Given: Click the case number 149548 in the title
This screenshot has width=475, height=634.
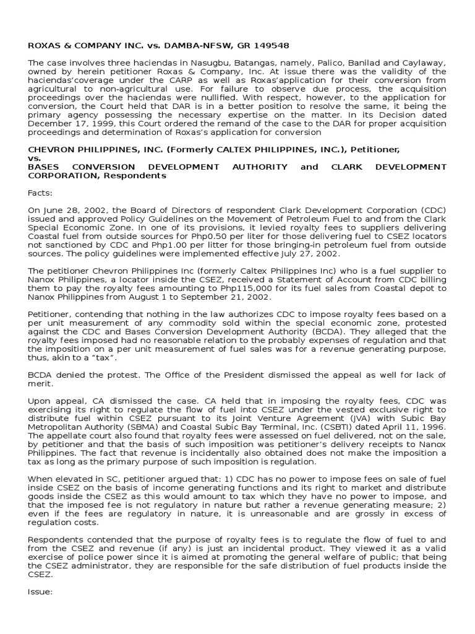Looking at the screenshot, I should click(270, 46).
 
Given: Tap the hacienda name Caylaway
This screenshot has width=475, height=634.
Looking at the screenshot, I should click(422, 63).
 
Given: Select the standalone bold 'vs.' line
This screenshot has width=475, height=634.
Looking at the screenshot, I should click(35, 158).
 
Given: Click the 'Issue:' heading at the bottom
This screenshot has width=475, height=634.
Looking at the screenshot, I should click(40, 591).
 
